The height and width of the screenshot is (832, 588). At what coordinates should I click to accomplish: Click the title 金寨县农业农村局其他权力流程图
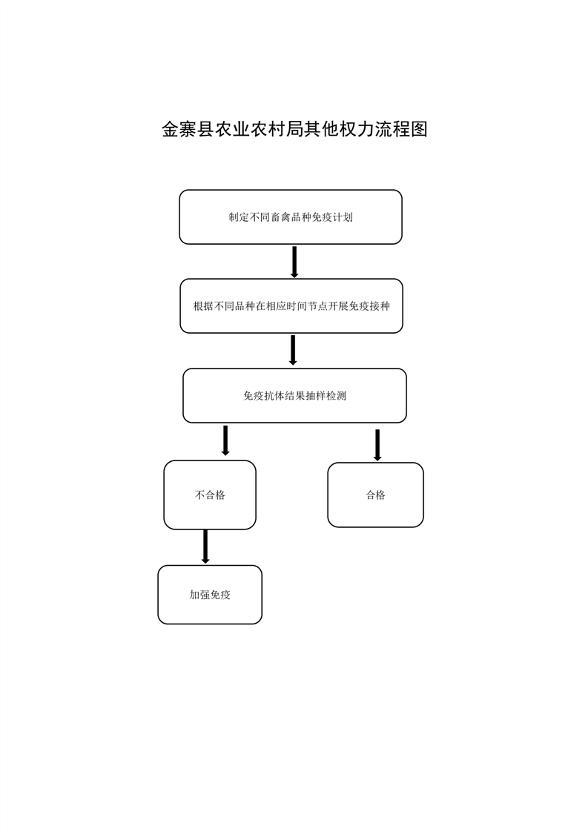[x=294, y=130]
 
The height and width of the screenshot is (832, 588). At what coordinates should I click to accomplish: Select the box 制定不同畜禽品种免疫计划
[x=290, y=217]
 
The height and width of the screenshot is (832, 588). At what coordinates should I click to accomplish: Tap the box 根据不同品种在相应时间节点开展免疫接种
[x=291, y=306]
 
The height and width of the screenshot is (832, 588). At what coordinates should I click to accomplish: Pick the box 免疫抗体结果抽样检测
[x=294, y=396]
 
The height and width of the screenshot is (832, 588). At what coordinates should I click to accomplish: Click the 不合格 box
[x=210, y=495]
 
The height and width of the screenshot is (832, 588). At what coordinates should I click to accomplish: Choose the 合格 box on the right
[x=375, y=495]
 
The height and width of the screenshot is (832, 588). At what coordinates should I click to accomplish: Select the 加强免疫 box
[x=210, y=595]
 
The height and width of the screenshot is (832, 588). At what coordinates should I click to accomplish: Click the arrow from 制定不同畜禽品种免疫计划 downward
[x=294, y=262]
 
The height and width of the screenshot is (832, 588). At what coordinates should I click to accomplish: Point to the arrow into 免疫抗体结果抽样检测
[x=292, y=350]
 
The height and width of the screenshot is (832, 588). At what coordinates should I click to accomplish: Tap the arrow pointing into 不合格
[x=225, y=440]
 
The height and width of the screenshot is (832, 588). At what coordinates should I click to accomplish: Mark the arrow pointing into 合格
[x=377, y=445]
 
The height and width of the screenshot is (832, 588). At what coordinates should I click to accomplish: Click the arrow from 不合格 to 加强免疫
[x=205, y=547]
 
